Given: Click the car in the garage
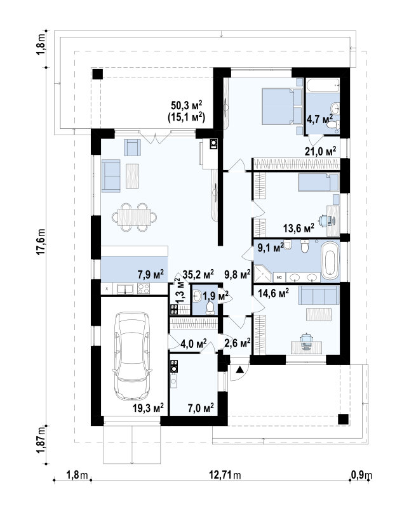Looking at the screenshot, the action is click(132, 355).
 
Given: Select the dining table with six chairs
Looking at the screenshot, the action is click(134, 217).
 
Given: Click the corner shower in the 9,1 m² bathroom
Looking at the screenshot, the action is click(262, 274).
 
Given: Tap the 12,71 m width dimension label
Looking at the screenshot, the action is click(225, 475).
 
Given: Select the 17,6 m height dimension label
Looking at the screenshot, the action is click(41, 241).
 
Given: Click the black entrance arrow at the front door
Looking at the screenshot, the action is click(239, 369).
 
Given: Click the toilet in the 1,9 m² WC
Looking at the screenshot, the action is click(210, 308).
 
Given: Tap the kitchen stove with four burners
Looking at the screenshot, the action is click(144, 289).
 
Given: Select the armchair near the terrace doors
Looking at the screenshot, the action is click(132, 147).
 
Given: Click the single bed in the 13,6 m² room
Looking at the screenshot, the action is click(319, 182).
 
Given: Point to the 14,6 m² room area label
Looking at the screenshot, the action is click(273, 293).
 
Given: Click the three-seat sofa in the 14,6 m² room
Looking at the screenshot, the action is click(319, 295).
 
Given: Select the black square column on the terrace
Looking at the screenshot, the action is click(97, 74).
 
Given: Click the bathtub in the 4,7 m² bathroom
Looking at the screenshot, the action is click(323, 86).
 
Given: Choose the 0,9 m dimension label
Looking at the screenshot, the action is click(361, 475).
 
